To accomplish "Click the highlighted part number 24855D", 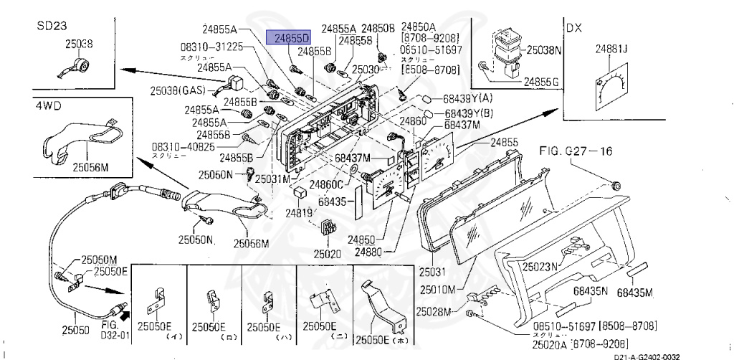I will (288, 37).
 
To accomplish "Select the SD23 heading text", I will (52, 25).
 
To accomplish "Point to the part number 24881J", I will (611, 49).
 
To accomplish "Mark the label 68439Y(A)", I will (468, 98).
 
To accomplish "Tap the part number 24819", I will (299, 213).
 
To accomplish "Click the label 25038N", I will (545, 51).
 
